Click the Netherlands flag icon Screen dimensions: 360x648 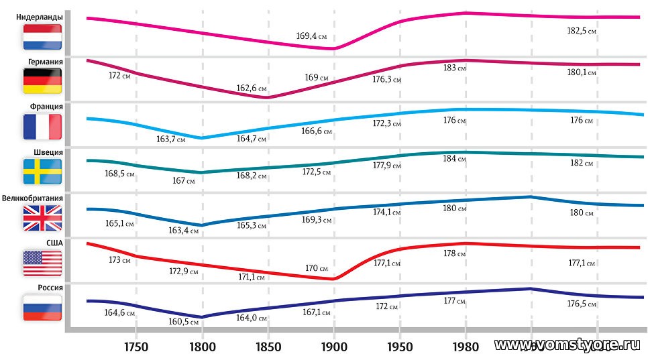click(42, 37)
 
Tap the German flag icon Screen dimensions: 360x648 click(42, 80)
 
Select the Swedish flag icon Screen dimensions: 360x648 click(42, 171)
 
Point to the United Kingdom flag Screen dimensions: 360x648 click(42, 218)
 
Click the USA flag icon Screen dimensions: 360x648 click(42, 263)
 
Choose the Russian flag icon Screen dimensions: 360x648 click(42, 308)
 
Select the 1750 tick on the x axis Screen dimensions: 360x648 click(136, 347)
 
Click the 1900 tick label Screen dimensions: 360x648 click(333, 347)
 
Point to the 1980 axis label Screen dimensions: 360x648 click(465, 347)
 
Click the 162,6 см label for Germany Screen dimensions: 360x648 click(252, 88)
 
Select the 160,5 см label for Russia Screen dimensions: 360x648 click(184, 322)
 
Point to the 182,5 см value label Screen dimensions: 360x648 click(582, 31)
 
